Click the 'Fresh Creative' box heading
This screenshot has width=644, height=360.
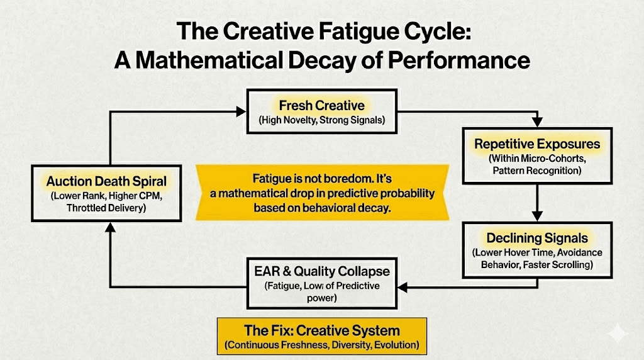click(x=322, y=104)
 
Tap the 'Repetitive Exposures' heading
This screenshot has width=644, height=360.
click(x=537, y=144)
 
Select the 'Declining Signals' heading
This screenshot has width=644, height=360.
click(x=537, y=238)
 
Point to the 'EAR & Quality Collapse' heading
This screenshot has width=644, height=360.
click(x=322, y=271)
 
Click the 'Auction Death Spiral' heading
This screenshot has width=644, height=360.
click(x=106, y=181)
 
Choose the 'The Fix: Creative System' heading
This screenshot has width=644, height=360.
click(x=322, y=330)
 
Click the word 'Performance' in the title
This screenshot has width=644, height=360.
click(x=462, y=60)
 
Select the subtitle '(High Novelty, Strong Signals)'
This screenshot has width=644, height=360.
click(x=322, y=120)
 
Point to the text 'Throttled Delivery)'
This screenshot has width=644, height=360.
click(x=106, y=210)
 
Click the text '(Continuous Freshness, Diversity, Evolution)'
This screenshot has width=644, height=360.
click(x=322, y=346)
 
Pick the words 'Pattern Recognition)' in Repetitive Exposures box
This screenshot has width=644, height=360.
click(x=537, y=170)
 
